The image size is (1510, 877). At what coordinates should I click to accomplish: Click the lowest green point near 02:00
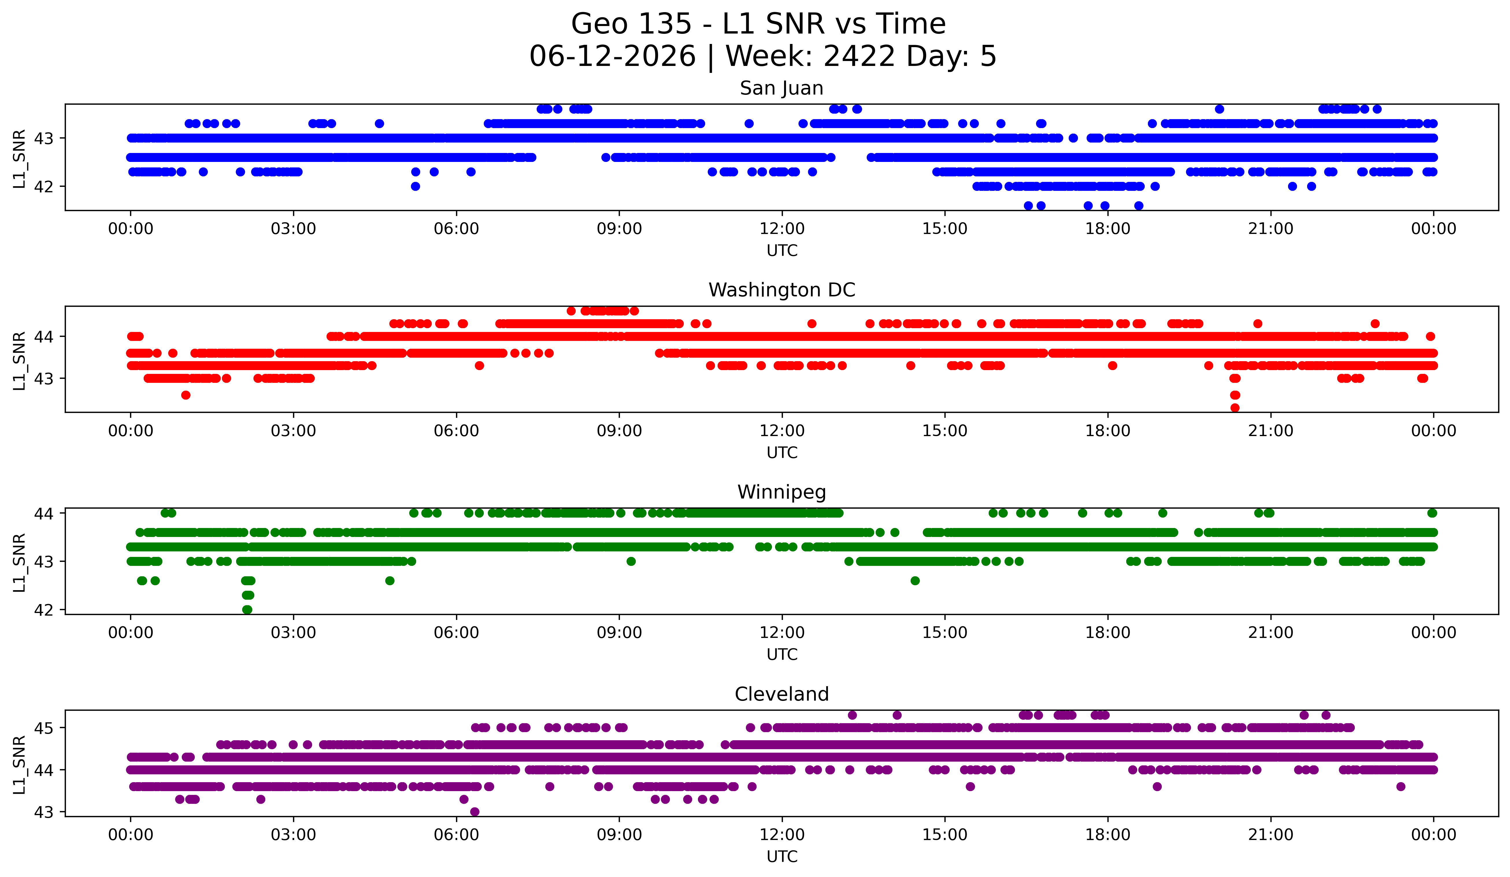247,610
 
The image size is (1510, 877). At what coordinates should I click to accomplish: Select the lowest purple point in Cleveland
475,812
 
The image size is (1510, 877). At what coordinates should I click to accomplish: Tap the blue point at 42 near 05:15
415,187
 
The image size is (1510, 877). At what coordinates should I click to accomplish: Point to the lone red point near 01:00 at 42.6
186,395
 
